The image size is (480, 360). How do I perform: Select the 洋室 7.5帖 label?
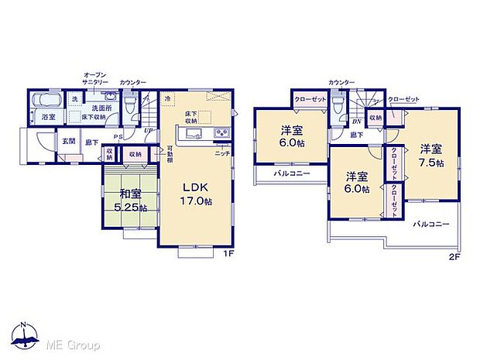point(432,156)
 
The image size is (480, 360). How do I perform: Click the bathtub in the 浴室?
point(48,102)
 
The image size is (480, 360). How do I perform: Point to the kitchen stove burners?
point(221,135)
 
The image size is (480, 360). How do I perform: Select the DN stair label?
point(356,122)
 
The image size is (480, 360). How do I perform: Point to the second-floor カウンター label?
point(341,82)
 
